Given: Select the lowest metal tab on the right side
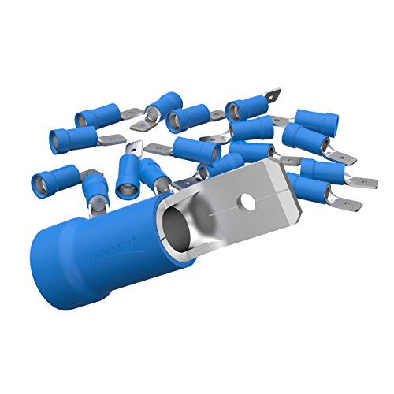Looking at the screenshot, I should [x=348, y=204].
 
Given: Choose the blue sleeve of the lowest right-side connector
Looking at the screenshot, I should [x=315, y=189].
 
